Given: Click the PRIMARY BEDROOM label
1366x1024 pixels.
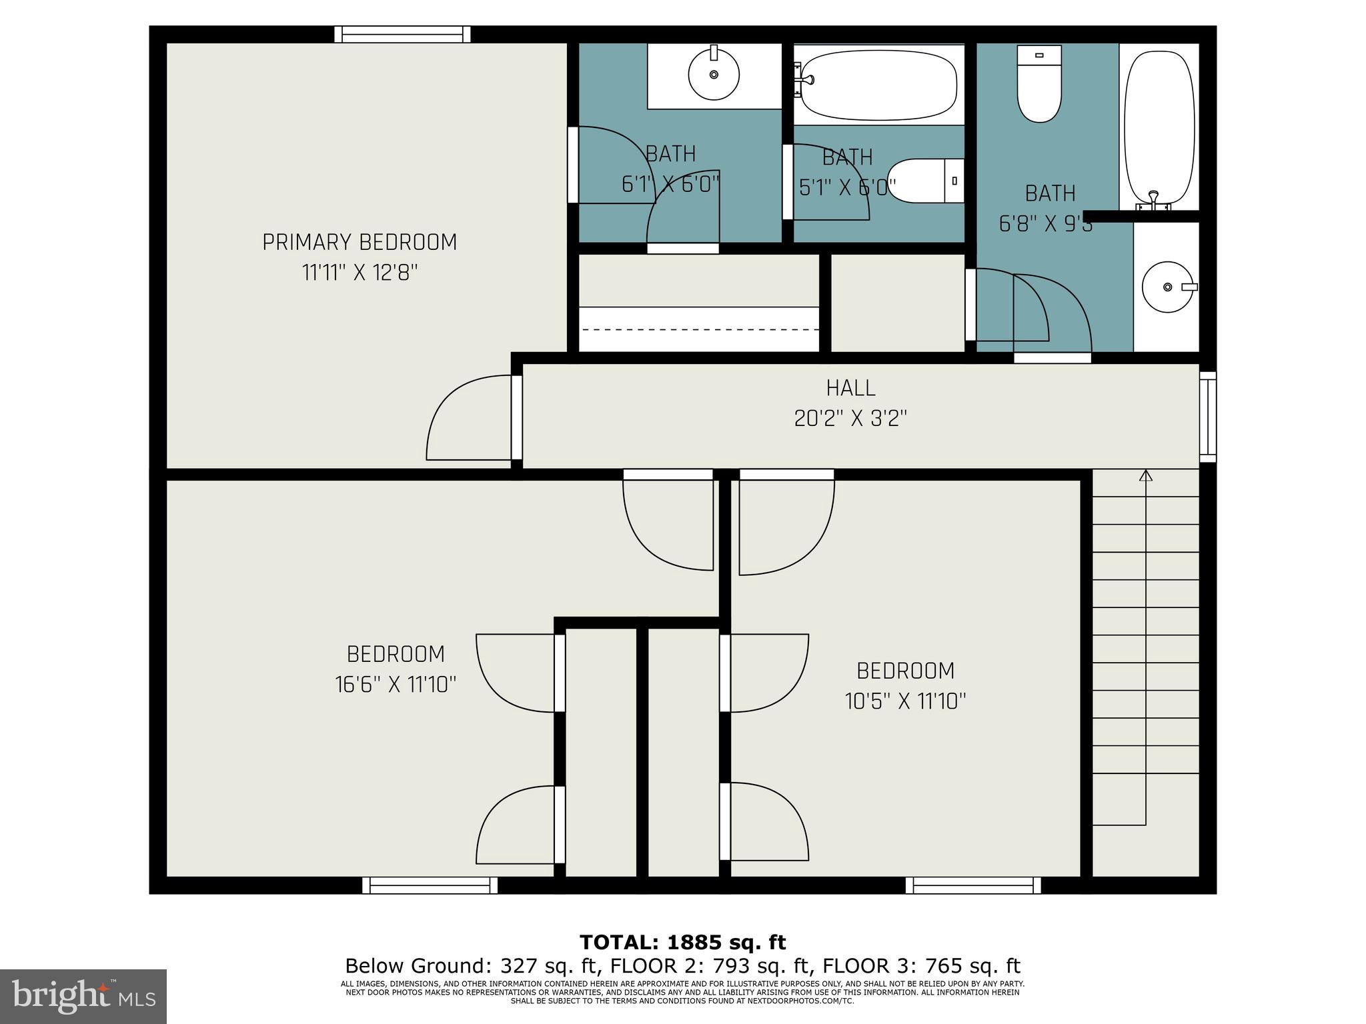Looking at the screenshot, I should (360, 242).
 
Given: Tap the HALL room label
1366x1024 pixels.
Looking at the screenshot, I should (850, 388).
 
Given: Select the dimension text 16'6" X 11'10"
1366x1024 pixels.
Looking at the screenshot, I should (396, 685).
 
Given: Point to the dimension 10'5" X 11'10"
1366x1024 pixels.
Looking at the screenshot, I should (905, 701).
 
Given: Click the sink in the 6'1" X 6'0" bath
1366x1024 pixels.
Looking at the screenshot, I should (714, 74).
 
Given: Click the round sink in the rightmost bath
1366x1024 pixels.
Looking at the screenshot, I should (1167, 287).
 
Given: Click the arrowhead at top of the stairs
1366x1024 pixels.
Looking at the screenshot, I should (1146, 475).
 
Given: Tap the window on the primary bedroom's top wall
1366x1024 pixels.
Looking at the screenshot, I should (402, 34).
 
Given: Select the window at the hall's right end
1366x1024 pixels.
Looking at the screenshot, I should (1208, 417).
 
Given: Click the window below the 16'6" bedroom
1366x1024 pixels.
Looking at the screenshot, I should (430, 885).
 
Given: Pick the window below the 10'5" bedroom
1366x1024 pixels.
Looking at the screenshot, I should (973, 885).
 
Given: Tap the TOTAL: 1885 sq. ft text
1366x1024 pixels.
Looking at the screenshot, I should (682, 942).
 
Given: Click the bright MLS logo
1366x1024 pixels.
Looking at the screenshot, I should (83, 996).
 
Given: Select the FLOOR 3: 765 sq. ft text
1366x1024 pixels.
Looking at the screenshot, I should (921, 965).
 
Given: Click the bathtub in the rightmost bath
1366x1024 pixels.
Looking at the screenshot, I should (1159, 127).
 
